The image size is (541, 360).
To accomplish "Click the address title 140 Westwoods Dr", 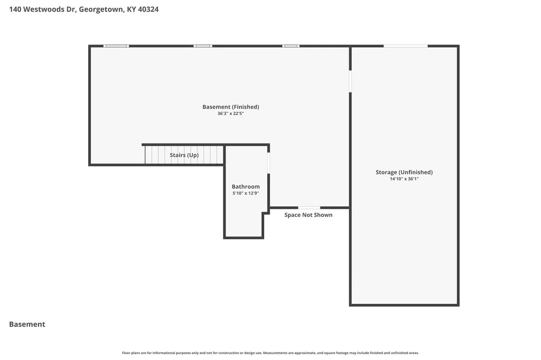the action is click(42, 10).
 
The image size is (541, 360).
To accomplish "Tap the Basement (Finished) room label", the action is click(231, 107).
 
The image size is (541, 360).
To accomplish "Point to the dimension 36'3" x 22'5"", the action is click(231, 113).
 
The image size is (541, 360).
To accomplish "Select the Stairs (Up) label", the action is click(184, 155).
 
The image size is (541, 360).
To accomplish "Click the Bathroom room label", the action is click(246, 186).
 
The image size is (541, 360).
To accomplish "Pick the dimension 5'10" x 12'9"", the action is click(246, 193).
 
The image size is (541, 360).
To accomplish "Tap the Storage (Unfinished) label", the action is click(404, 172).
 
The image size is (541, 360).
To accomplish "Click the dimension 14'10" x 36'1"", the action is click(404, 178).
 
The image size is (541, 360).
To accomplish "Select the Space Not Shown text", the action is click(309, 215).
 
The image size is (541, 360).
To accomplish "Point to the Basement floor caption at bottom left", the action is click(27, 324).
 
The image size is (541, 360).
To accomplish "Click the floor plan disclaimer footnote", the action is click(270, 353).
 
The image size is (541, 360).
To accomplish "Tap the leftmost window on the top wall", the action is click(116, 46).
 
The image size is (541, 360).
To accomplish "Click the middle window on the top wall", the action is click(203, 46).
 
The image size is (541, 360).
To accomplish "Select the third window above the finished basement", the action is click(291, 46).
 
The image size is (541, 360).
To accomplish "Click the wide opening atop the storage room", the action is click(406, 46).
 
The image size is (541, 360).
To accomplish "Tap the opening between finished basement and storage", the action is click(350, 81).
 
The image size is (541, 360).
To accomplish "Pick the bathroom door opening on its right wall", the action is click(268, 163).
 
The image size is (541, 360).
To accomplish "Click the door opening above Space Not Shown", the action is click(309, 207).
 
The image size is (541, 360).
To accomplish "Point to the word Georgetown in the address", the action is click(101, 10).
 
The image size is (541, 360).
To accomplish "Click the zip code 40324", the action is click(148, 10).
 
